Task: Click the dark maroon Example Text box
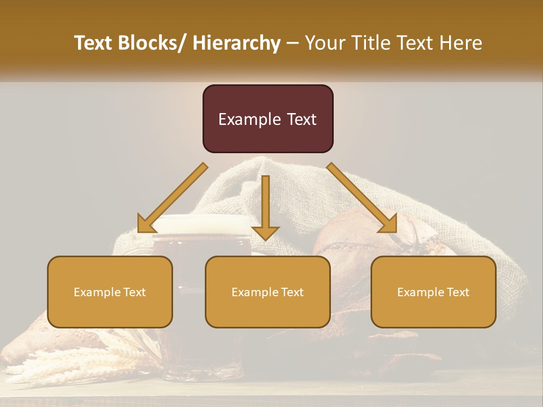268,119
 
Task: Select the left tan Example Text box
110,292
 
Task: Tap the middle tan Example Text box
268,292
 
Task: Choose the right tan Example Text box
433,292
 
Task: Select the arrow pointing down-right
363,198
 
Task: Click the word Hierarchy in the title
236,43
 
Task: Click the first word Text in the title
94,43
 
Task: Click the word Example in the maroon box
249,119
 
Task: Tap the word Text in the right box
459,292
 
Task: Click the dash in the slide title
292,43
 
